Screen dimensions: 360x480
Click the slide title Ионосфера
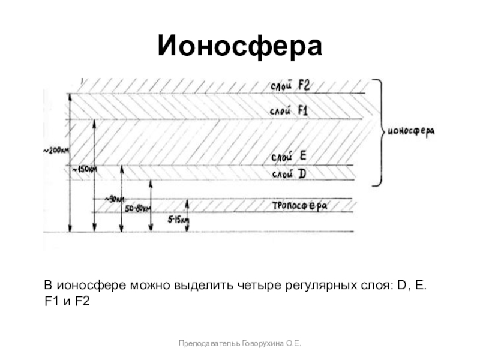tap(240, 46)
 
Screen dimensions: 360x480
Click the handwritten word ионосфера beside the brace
tap(412, 131)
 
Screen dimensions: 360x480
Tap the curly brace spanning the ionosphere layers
tap(377, 132)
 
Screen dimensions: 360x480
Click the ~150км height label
tap(85, 170)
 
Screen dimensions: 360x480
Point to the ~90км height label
tap(115, 199)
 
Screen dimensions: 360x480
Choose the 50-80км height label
tap(138, 208)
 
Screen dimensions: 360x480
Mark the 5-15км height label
tap(178, 220)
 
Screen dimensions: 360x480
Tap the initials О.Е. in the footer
tap(293, 343)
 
